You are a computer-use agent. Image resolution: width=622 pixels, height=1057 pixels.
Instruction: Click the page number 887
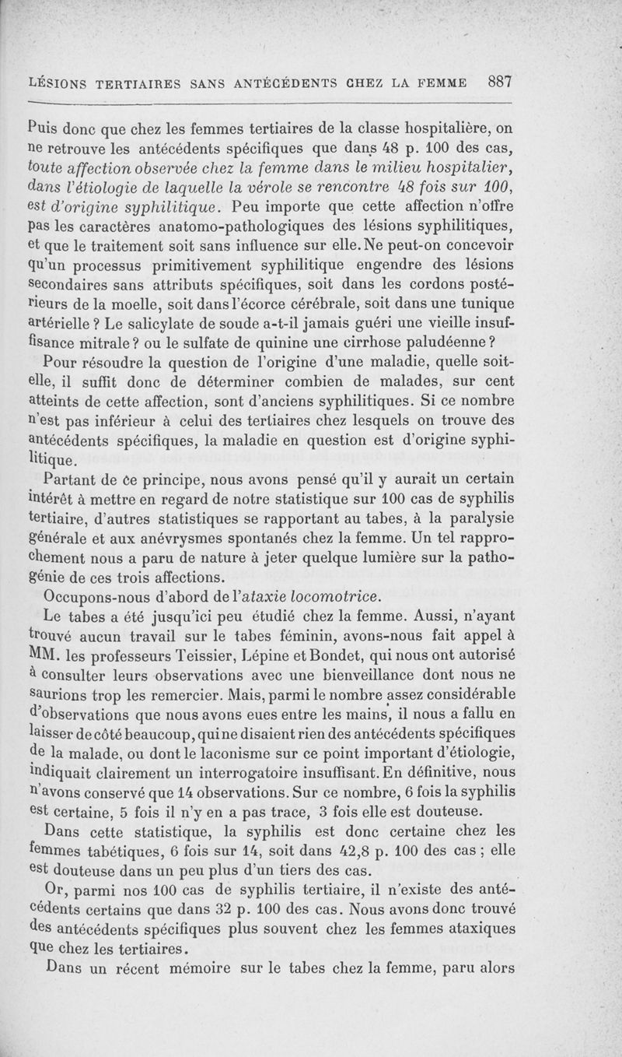coord(499,82)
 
